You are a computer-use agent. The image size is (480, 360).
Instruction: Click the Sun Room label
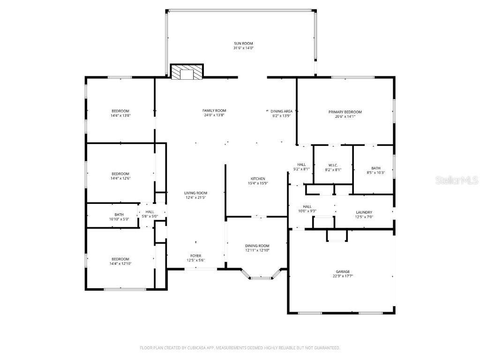click(x=243, y=43)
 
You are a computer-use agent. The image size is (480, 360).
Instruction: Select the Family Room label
click(x=214, y=111)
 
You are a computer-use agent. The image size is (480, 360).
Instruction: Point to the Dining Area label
click(x=282, y=111)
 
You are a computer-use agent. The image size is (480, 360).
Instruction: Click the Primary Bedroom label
click(x=345, y=112)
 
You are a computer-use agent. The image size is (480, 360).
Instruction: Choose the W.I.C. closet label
click(x=333, y=165)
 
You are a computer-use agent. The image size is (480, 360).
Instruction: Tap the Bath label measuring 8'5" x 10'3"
click(x=375, y=168)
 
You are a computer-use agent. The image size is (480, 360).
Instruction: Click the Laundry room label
click(x=364, y=212)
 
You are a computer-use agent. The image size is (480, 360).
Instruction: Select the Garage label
click(x=342, y=271)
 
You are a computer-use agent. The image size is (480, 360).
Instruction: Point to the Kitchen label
click(x=258, y=179)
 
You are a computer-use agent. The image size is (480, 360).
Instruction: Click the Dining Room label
click(x=257, y=246)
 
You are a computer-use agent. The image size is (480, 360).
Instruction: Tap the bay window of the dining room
click(x=261, y=277)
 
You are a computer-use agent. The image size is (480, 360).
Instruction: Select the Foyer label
click(x=195, y=255)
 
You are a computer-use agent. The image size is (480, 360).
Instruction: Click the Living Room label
click(x=195, y=193)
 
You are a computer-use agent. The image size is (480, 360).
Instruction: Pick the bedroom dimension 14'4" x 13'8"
click(x=120, y=115)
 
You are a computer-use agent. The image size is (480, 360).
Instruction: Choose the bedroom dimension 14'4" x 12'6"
click(x=120, y=178)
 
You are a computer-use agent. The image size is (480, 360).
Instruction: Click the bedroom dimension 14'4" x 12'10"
click(x=120, y=264)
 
